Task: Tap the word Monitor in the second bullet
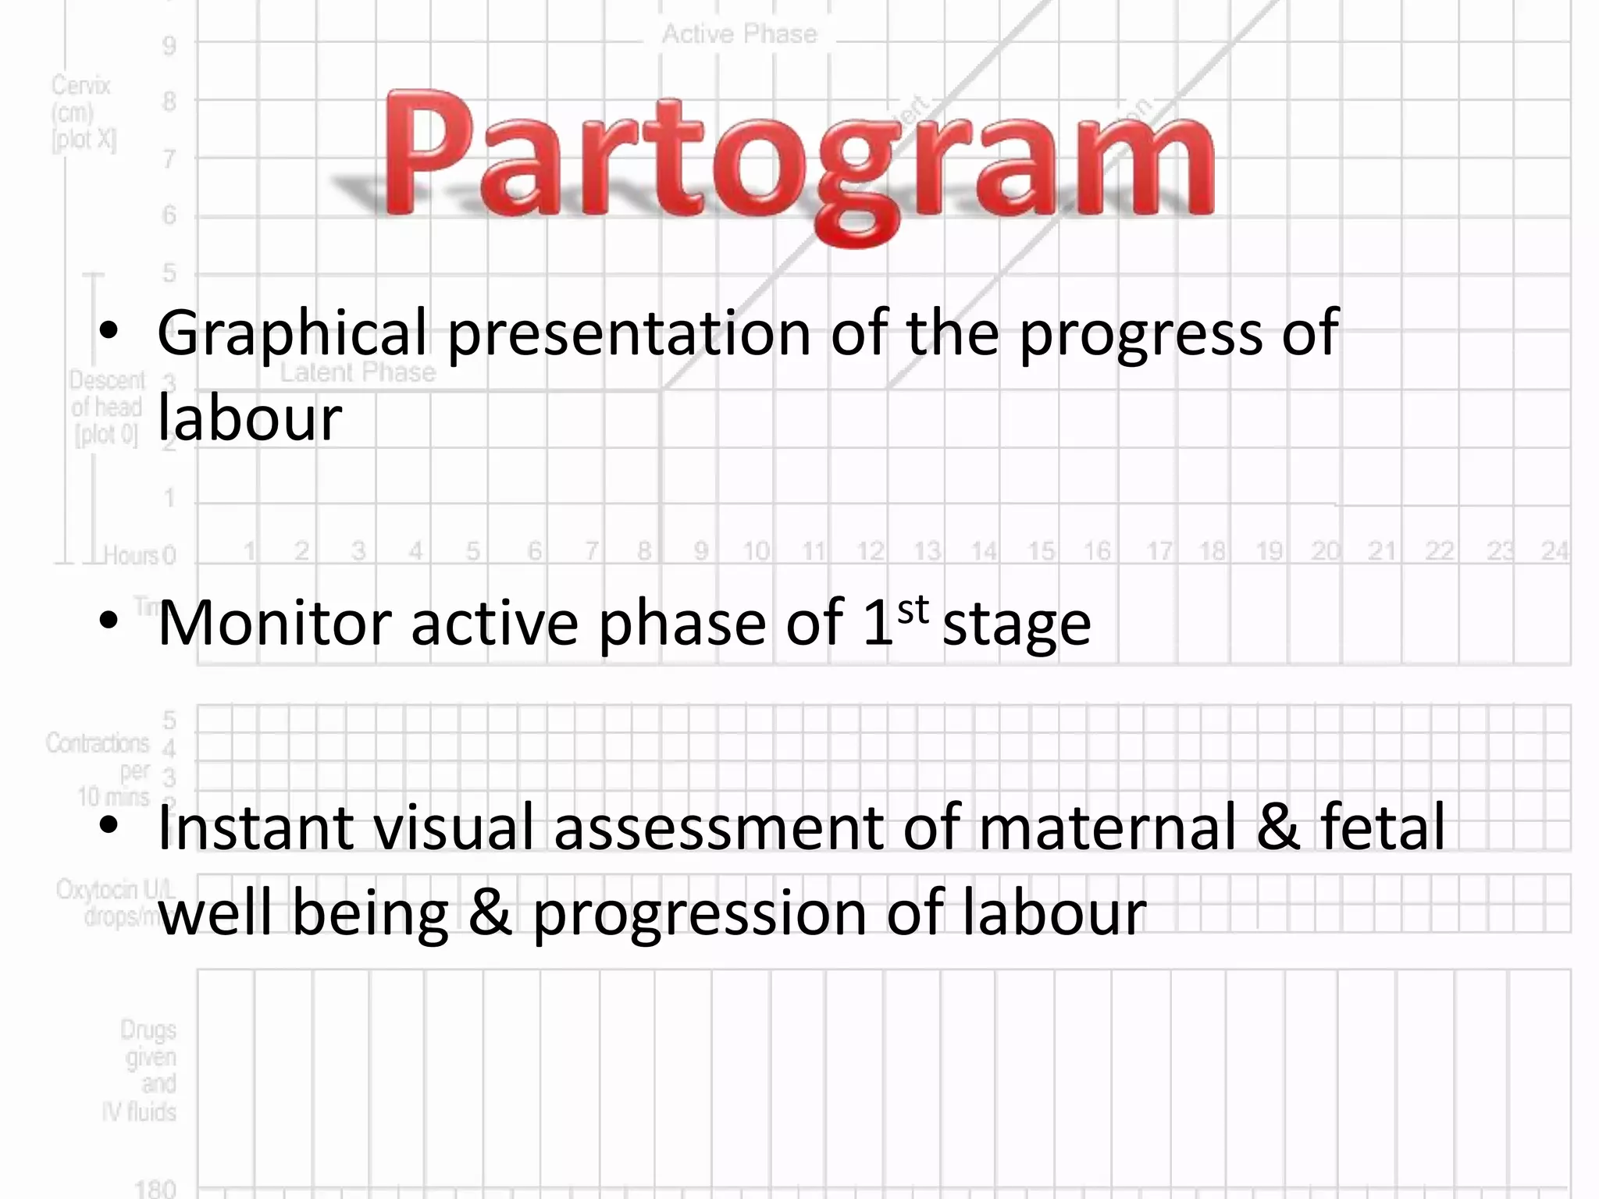[274, 623]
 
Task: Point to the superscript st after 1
[913, 609]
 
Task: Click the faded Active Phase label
[739, 34]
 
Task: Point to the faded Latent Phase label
[358, 372]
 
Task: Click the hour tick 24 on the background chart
[1554, 551]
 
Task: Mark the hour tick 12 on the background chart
[870, 551]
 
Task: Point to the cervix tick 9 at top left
[169, 46]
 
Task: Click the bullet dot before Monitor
[109, 621]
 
